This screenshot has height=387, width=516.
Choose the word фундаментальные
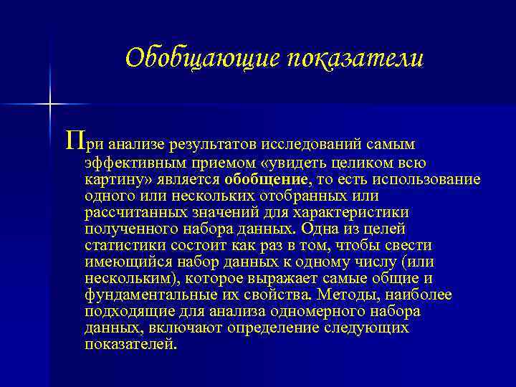point(142,295)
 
